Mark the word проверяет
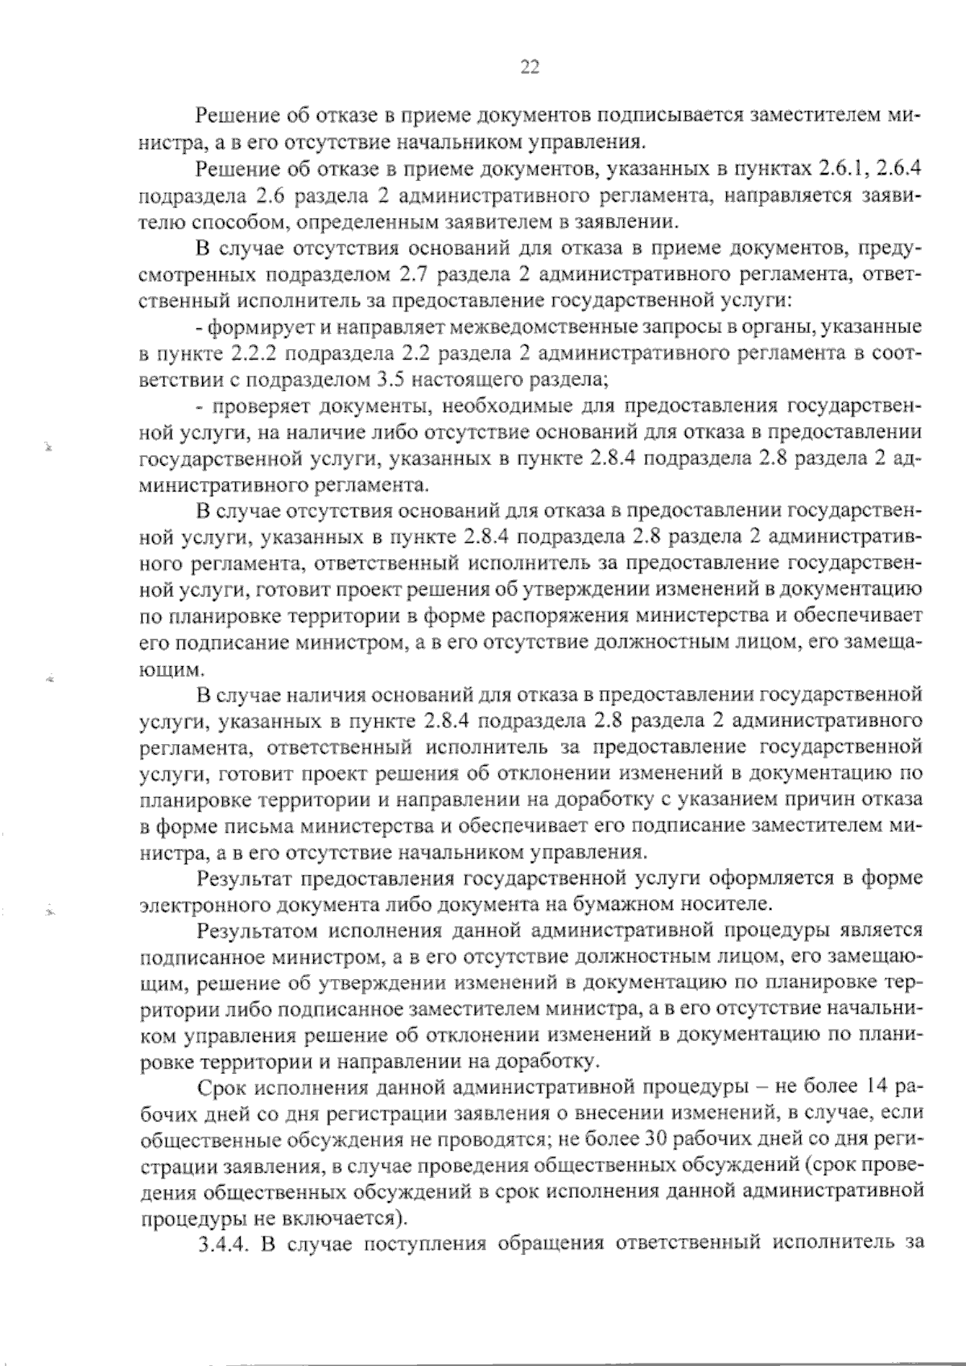[x=258, y=405]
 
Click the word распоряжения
[x=566, y=615]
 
